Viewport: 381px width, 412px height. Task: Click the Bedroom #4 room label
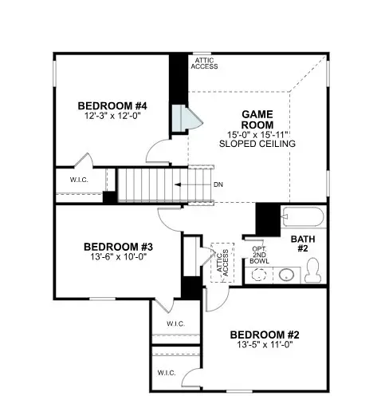(123, 105)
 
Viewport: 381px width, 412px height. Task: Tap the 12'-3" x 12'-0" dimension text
(123, 117)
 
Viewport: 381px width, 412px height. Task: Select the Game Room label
(257, 119)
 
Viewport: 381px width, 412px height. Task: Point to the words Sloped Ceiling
(257, 144)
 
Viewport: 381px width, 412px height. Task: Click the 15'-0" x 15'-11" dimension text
(257, 134)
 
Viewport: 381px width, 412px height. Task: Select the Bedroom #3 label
(118, 247)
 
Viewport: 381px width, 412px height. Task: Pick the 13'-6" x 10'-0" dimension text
(118, 258)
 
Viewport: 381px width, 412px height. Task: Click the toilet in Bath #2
(313, 275)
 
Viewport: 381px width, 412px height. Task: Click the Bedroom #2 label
(263, 335)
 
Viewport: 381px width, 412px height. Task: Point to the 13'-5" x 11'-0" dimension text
(263, 347)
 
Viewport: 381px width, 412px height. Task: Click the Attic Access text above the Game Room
(204, 63)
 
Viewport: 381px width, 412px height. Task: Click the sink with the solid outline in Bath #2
(287, 275)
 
